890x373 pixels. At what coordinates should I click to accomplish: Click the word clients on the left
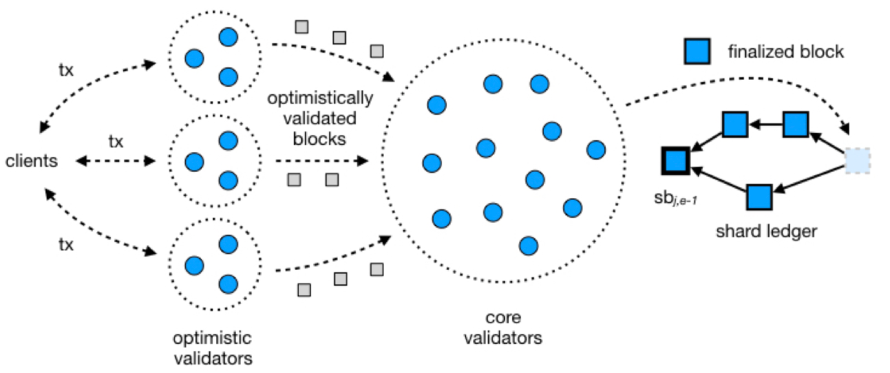click(x=32, y=161)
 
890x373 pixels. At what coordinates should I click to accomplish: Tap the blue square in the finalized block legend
click(x=697, y=51)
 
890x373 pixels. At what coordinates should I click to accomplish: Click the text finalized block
click(x=785, y=52)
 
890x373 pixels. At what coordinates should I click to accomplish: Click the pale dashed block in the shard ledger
click(x=858, y=161)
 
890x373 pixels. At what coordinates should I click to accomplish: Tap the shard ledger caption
click(x=766, y=231)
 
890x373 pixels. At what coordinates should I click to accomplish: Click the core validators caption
click(x=502, y=328)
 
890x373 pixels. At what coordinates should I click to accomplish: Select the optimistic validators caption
click(x=212, y=347)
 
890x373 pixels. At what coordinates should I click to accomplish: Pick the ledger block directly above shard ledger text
click(x=760, y=197)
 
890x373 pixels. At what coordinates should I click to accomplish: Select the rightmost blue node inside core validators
click(x=596, y=150)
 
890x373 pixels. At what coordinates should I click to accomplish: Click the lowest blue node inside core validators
click(x=528, y=245)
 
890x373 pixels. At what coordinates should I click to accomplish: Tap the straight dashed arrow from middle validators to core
click(x=320, y=161)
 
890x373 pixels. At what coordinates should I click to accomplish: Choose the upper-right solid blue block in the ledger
click(x=796, y=124)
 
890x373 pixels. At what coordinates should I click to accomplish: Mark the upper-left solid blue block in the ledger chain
click(x=735, y=124)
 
